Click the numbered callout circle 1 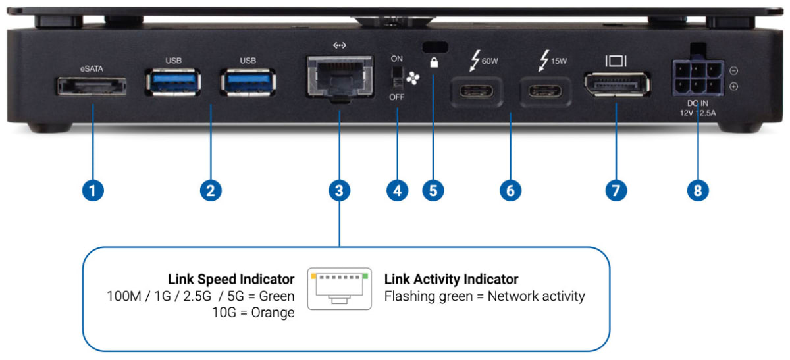[x=92, y=191]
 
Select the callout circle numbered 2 [x=210, y=191]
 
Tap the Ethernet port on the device [x=338, y=78]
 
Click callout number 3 [x=338, y=191]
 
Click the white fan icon [x=412, y=78]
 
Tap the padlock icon [x=434, y=62]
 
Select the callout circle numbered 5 [x=433, y=191]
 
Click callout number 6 [x=510, y=191]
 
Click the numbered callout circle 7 [x=616, y=191]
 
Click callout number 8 [x=698, y=191]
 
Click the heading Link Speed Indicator [x=231, y=280]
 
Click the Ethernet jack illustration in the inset [x=339, y=288]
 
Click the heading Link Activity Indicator [x=451, y=280]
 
